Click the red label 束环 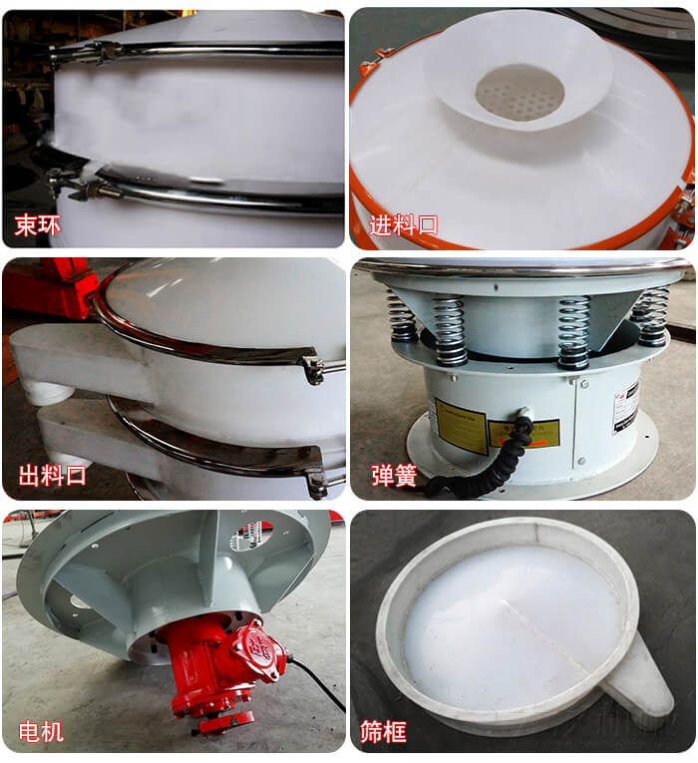[37, 226]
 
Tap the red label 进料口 [403, 226]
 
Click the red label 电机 [41, 732]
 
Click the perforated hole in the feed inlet [519, 93]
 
